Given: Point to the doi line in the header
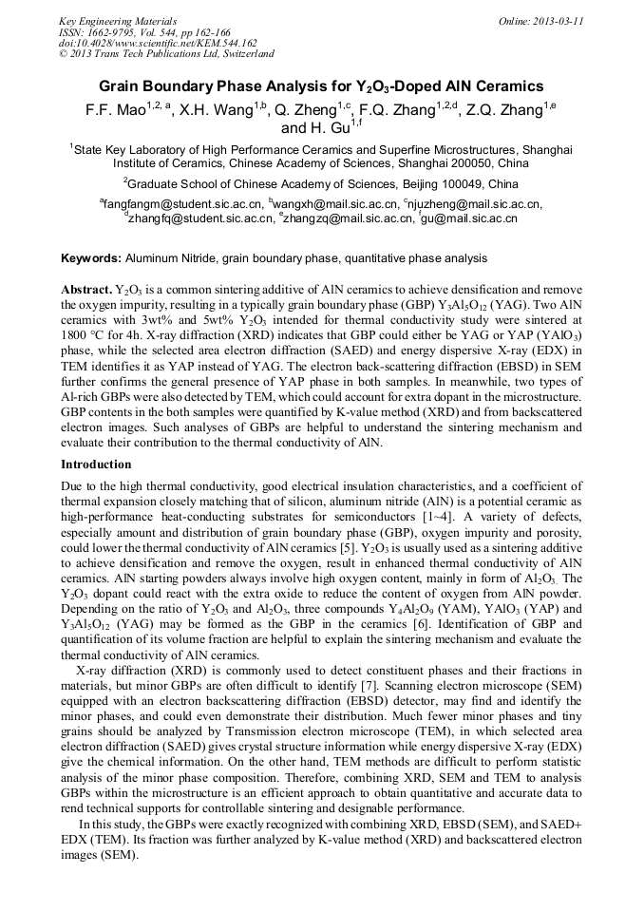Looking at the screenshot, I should click(158, 43).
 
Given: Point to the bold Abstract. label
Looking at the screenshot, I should click(85, 287).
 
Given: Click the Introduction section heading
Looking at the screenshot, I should click(96, 465).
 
